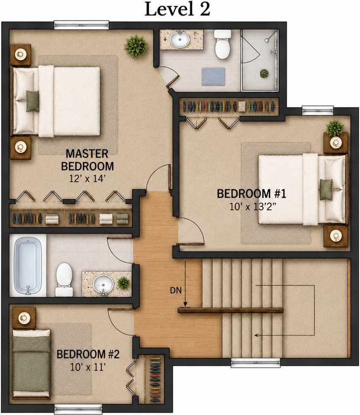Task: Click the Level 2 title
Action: coord(177,9)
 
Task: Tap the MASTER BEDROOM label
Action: coord(87,160)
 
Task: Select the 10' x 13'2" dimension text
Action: coord(253,207)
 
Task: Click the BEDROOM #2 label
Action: coord(88,354)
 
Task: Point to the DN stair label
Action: coord(176,290)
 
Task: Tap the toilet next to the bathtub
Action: coord(64,280)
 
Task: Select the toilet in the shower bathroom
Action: coord(222,44)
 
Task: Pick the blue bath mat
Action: coord(213,77)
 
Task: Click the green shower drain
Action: coord(264,73)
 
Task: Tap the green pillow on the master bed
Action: coord(32,101)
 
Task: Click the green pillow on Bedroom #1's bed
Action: coord(326,189)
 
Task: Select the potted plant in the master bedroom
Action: coord(136,46)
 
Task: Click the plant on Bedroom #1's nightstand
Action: coord(335,128)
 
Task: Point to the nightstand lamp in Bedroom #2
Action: coord(24,318)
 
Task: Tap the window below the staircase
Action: coord(255,363)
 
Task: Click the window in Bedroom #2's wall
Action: coord(78,409)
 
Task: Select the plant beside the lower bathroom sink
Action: coord(123,283)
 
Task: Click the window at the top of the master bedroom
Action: coord(82,25)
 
